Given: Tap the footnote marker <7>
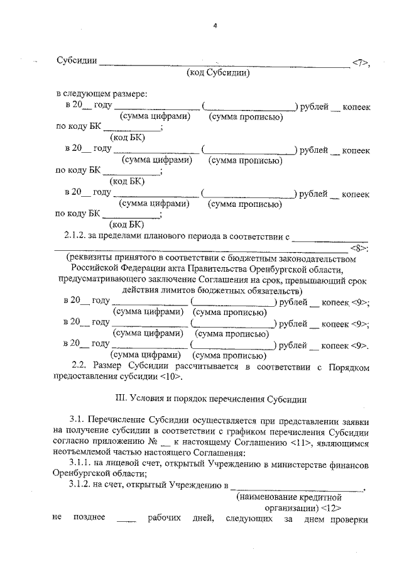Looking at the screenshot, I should pyautogui.click(x=361, y=62).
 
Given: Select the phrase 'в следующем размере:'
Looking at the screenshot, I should pyautogui.click(x=101, y=94).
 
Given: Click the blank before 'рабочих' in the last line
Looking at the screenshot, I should pyautogui.click(x=126, y=520).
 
